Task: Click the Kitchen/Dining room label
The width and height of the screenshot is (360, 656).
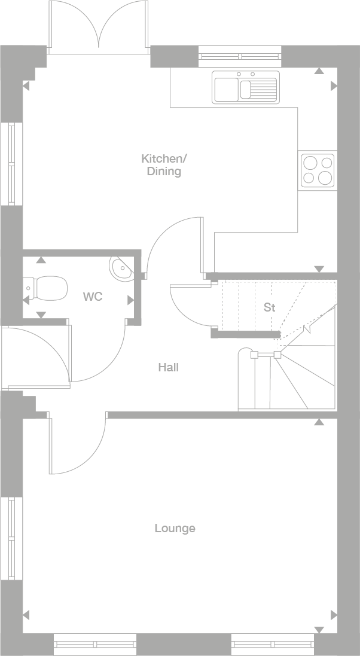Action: tap(164, 165)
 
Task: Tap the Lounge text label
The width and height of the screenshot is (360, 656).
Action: tap(175, 529)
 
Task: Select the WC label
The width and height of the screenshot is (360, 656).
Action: tap(93, 297)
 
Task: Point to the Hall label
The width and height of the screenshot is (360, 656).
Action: tap(169, 367)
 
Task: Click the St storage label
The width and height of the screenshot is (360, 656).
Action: tap(270, 307)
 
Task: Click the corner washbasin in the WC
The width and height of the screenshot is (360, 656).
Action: tap(121, 267)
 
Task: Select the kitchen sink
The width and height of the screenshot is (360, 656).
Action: tap(246, 87)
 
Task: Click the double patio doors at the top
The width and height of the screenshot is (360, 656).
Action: tap(99, 28)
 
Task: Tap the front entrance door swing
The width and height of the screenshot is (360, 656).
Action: tap(36, 356)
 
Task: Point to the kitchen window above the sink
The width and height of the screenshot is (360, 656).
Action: tap(240, 57)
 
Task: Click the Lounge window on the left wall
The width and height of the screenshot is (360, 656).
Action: tap(11, 538)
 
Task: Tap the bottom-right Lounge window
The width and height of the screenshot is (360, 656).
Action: tap(272, 644)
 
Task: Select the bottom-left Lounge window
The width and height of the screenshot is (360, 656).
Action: tap(96, 644)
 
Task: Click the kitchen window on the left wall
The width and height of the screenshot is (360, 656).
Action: tap(11, 164)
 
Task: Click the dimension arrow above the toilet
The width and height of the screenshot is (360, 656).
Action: tap(41, 260)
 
